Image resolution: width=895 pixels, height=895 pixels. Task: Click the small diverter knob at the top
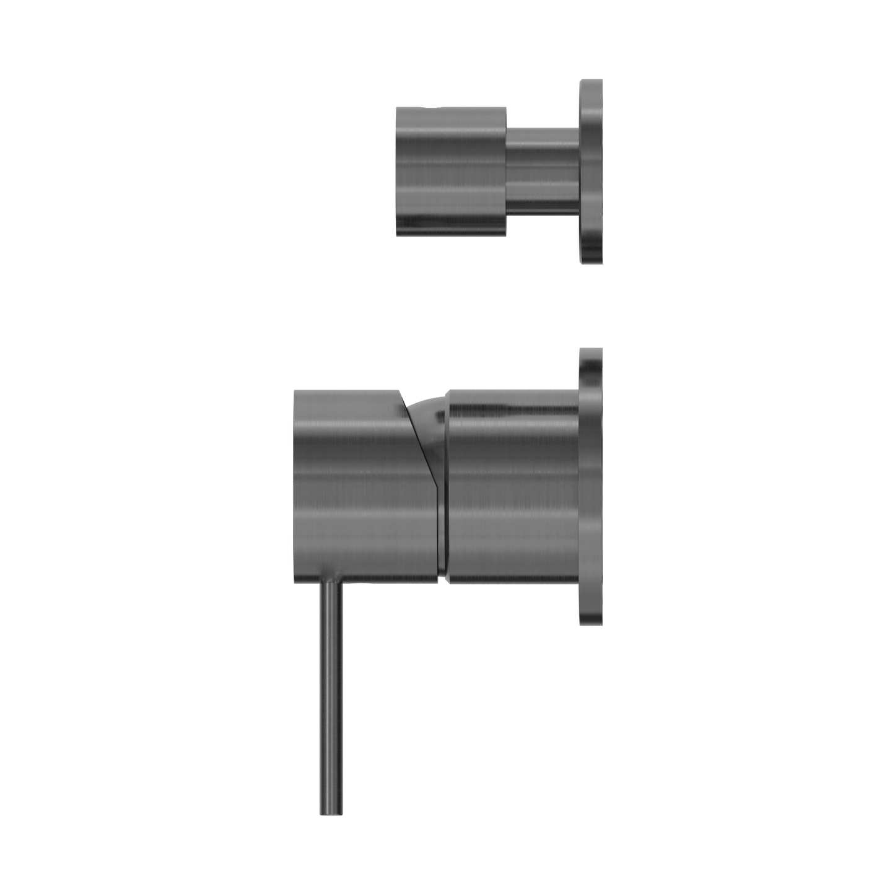[x=451, y=170]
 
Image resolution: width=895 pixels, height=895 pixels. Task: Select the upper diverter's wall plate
[x=591, y=172]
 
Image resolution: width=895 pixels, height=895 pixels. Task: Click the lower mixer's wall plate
[x=591, y=486]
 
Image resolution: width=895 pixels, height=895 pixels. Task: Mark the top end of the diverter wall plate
[x=591, y=82]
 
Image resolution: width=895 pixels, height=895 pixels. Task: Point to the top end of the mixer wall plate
[x=591, y=351]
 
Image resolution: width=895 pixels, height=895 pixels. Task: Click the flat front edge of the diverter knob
[x=396, y=170]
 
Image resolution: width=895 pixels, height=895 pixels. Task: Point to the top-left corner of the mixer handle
[x=295, y=391]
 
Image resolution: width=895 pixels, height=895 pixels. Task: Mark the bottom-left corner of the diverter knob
[x=398, y=234]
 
